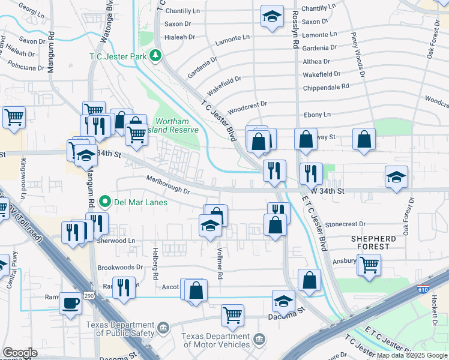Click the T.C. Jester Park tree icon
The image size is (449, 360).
click(156, 55)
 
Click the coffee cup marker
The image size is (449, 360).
click(70, 304)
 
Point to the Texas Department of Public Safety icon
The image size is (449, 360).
click(164, 328)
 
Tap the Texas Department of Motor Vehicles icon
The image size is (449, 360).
click(259, 340)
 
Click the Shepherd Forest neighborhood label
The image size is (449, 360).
click(373, 242)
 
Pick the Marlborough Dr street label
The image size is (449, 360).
click(168, 185)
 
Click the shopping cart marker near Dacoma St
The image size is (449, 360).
click(232, 314)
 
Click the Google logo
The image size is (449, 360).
click(20, 353)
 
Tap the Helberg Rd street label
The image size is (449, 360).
click(154, 265)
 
